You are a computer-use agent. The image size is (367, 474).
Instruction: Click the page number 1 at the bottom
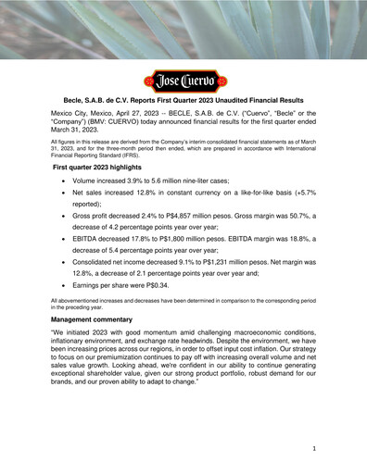(x=315, y=447)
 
